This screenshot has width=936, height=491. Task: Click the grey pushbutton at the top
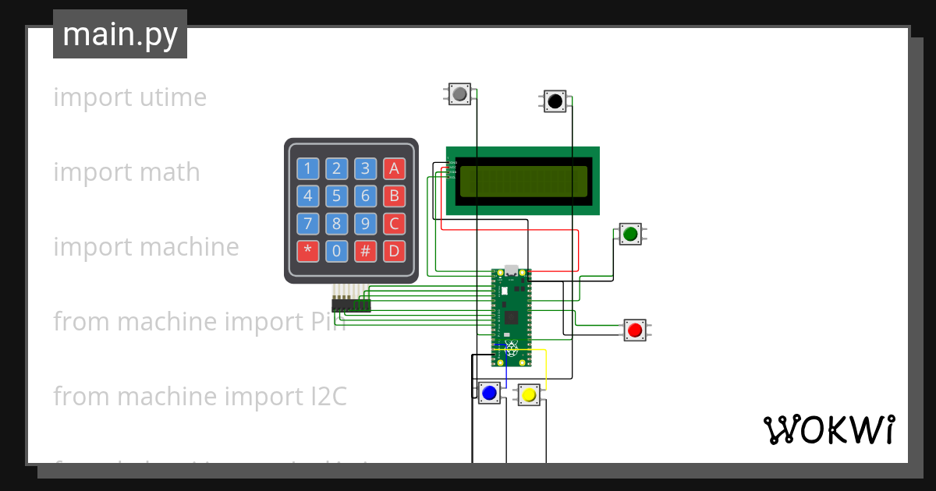459,95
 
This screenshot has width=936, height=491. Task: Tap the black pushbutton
555,101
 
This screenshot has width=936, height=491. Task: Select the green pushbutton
630,233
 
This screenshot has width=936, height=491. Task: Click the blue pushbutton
489,394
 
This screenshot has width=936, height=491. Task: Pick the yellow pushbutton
529,395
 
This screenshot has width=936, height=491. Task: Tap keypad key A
394,168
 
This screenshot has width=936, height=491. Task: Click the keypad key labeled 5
336,196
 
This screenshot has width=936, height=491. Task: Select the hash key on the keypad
365,252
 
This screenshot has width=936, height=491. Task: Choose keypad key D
394,252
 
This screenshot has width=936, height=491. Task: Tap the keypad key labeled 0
336,252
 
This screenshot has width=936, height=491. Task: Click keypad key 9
365,224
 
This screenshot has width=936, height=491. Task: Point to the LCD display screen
523,181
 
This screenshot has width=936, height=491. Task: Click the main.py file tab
120,34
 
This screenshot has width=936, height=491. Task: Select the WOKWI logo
828,429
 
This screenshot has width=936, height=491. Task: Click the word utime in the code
172,98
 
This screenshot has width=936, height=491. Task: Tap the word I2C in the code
323,397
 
